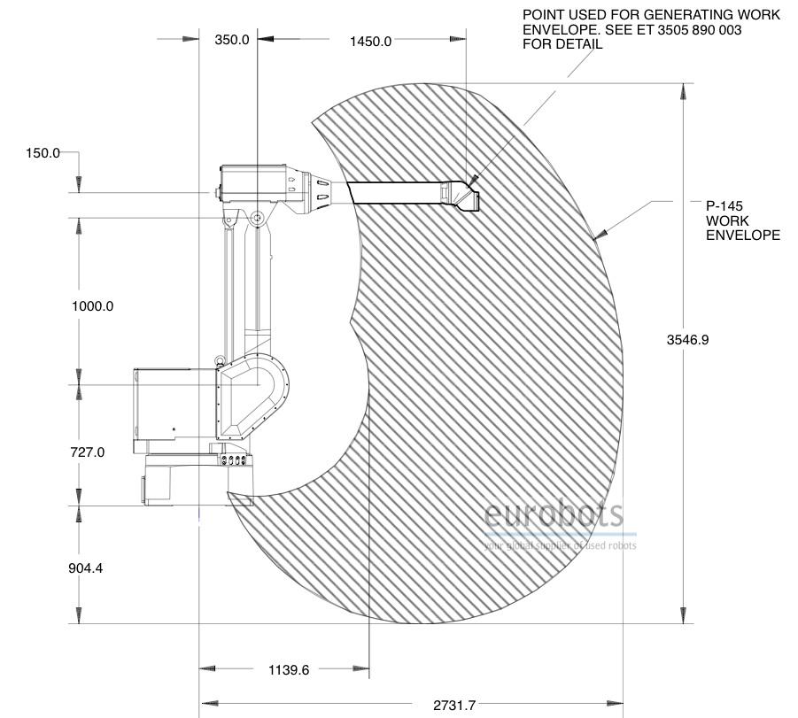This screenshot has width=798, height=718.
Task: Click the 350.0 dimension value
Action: [x=231, y=40]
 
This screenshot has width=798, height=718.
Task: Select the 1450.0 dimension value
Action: [x=370, y=42]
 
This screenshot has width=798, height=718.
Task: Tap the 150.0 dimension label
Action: [x=43, y=153]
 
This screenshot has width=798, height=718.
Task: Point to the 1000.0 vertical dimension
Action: [x=93, y=306]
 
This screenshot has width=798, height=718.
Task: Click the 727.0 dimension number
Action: [x=88, y=452]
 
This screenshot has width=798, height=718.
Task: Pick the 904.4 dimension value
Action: [x=86, y=567]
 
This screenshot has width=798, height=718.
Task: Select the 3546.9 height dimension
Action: [x=687, y=339]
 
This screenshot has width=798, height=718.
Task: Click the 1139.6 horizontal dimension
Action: [x=289, y=670]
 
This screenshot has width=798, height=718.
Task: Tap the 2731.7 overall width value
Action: [x=454, y=706]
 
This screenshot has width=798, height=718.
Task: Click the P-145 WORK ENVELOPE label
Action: [x=742, y=220]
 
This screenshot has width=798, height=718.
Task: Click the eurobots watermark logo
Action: [x=554, y=514]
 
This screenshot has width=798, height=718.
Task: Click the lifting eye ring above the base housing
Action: [x=220, y=360]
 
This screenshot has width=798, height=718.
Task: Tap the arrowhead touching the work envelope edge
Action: [x=600, y=234]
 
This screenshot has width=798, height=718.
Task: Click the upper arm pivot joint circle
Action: [x=257, y=218]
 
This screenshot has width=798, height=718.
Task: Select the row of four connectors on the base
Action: [x=235, y=460]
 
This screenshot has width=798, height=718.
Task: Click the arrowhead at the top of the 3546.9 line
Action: [x=683, y=92]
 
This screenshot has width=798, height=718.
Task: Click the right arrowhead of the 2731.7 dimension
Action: [x=615, y=704]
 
